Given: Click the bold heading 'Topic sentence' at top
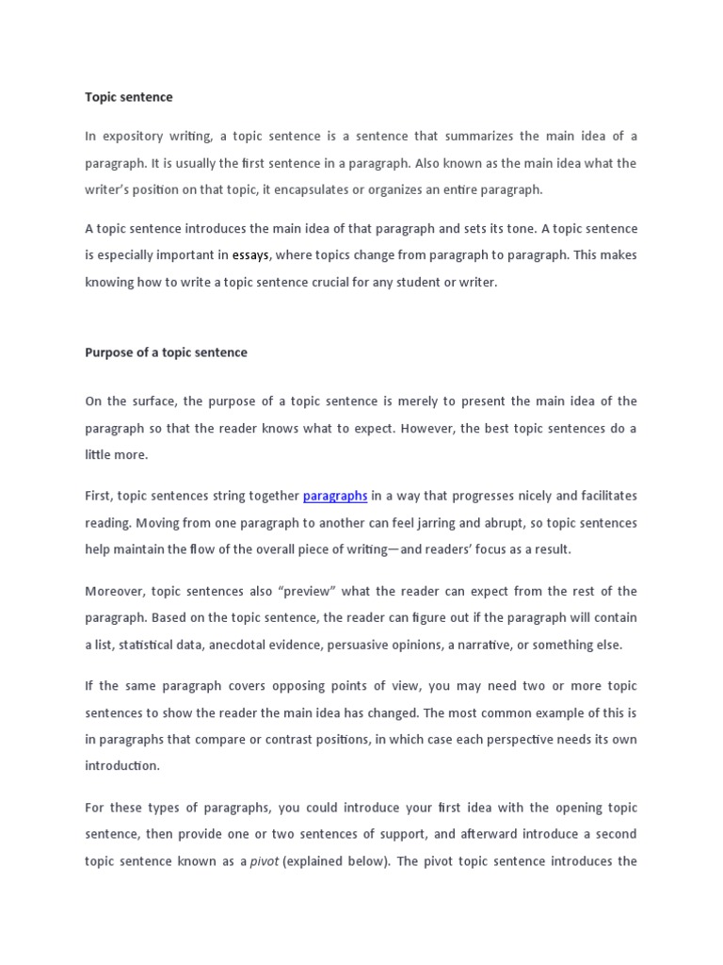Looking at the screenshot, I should [x=129, y=97].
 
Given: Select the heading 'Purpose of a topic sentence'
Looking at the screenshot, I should [x=167, y=352].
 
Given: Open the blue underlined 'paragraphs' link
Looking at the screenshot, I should [x=335, y=496].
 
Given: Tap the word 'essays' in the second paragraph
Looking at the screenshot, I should [x=251, y=254].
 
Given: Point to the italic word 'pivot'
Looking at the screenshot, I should [x=265, y=861].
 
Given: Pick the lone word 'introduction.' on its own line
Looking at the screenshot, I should [x=122, y=766].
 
